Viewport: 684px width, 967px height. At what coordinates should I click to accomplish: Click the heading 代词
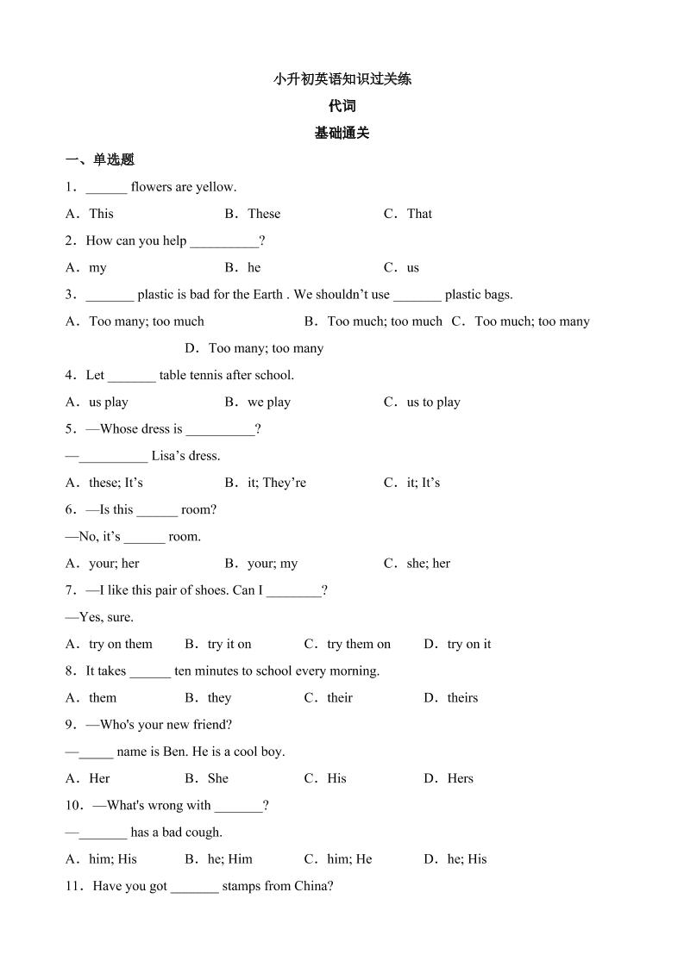pyautogui.click(x=342, y=106)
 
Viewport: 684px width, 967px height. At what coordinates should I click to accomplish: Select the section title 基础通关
pyautogui.click(x=342, y=133)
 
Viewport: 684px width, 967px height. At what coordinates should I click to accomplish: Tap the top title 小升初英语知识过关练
pyautogui.click(x=342, y=79)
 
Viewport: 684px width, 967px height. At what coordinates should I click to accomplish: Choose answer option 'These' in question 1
pyautogui.click(x=263, y=214)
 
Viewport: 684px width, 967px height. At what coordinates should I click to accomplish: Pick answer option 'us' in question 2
pyautogui.click(x=412, y=268)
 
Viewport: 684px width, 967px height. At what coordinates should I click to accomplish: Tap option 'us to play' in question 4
pyautogui.click(x=433, y=402)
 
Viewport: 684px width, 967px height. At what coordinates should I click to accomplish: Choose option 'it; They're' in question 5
pyautogui.click(x=276, y=483)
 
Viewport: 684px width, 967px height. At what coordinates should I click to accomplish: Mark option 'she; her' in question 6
pyautogui.click(x=428, y=564)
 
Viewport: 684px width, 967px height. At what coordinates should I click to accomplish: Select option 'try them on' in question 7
pyautogui.click(x=358, y=644)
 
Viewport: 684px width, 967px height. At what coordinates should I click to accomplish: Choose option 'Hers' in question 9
pyautogui.click(x=460, y=778)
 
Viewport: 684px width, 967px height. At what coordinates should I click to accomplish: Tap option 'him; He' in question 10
pyautogui.click(x=348, y=859)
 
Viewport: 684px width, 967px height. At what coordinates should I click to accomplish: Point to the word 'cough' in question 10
pyautogui.click(x=202, y=833)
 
